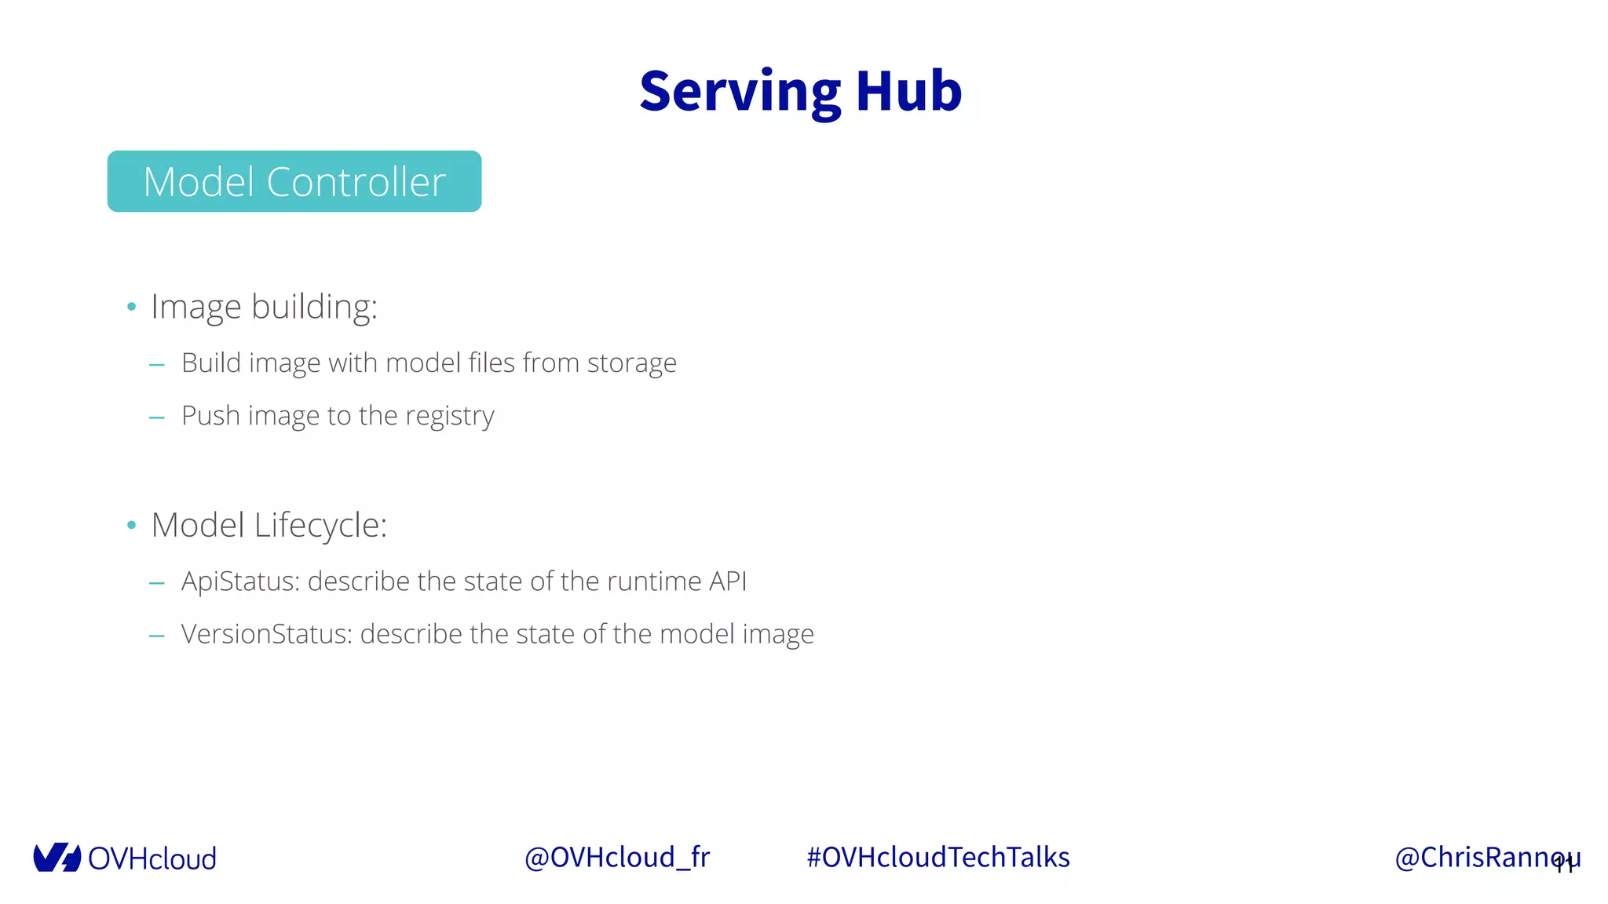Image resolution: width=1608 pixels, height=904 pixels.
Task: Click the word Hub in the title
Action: pyautogui.click(x=908, y=92)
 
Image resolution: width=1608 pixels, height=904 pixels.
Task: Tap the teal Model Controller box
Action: pyautogui.click(x=294, y=181)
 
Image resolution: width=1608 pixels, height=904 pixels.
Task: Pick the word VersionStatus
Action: pyautogui.click(x=267, y=634)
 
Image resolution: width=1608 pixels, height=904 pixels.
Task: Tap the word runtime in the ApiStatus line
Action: pyautogui.click(x=654, y=581)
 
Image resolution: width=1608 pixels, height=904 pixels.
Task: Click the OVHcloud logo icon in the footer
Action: pyautogui.click(x=57, y=858)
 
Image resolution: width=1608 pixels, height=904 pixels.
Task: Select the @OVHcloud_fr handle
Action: pyautogui.click(x=616, y=858)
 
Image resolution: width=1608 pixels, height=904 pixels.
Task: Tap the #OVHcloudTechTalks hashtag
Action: pyautogui.click(x=938, y=858)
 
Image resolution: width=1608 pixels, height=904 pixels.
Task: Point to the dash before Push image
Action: pyautogui.click(x=157, y=417)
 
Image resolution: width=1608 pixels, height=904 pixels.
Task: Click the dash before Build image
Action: pyautogui.click(x=157, y=365)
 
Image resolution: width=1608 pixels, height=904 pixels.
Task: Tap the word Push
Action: pyautogui.click(x=210, y=416)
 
